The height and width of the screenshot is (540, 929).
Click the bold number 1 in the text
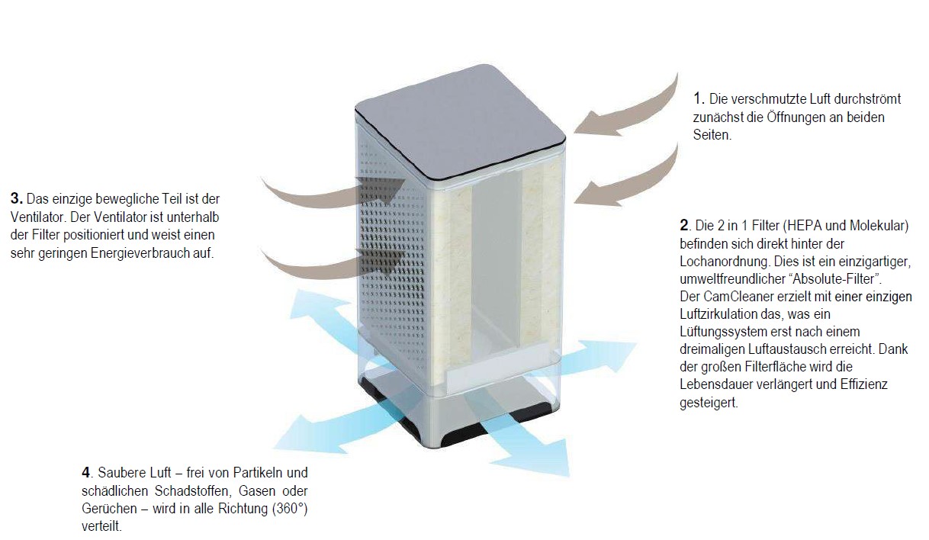point(699,98)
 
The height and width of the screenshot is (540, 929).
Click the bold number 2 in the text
point(684,226)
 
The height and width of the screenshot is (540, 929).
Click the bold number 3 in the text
point(16,198)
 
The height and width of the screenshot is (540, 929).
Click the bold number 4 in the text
point(86,472)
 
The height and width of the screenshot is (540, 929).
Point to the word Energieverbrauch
point(140,253)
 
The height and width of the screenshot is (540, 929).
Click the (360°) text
point(290,509)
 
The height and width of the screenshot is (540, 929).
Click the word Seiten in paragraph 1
point(712,135)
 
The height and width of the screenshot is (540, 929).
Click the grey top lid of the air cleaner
point(461,121)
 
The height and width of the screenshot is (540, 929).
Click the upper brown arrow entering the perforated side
point(332,196)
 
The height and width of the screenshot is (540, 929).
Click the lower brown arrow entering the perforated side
point(332,265)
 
